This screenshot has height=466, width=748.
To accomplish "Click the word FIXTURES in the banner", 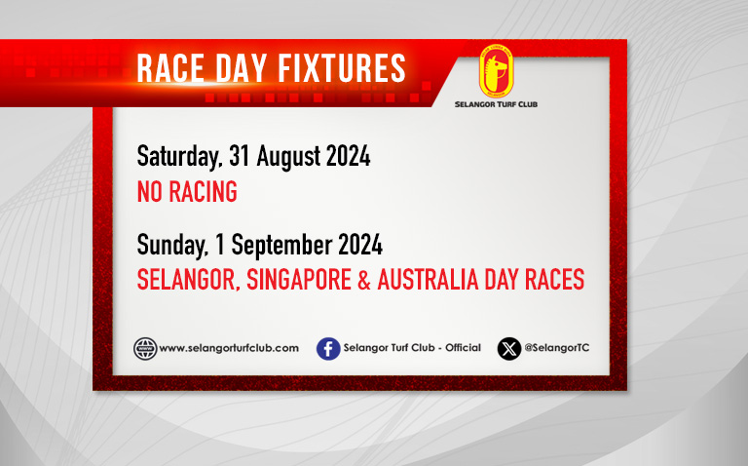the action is (x=342, y=68).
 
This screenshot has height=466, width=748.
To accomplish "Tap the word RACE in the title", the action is (x=170, y=68).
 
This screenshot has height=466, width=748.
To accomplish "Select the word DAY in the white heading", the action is (x=241, y=68).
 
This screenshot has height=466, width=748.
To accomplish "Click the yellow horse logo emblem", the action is (x=496, y=70).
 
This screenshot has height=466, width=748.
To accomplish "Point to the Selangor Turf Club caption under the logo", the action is (x=496, y=104).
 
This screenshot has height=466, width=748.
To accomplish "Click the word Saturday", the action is (x=179, y=157).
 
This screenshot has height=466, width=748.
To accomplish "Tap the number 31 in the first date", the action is (x=240, y=156).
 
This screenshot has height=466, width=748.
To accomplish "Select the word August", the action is (x=288, y=157).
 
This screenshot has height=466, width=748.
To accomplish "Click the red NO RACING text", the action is (x=187, y=192).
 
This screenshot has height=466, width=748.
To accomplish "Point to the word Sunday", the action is (x=172, y=245).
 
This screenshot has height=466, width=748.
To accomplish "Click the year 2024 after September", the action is (x=360, y=245).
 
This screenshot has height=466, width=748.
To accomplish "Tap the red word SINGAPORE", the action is (x=299, y=280).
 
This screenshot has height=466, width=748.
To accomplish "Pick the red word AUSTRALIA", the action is (x=428, y=280).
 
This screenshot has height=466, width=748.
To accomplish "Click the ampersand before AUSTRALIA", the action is (x=364, y=280).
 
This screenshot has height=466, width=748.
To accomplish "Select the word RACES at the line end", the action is (x=554, y=280).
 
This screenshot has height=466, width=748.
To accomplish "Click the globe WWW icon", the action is (x=145, y=349).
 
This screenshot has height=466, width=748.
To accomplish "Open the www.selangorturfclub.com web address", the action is (x=229, y=348).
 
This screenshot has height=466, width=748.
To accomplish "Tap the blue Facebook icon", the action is (x=328, y=349).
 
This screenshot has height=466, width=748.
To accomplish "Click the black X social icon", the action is (x=509, y=349).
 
